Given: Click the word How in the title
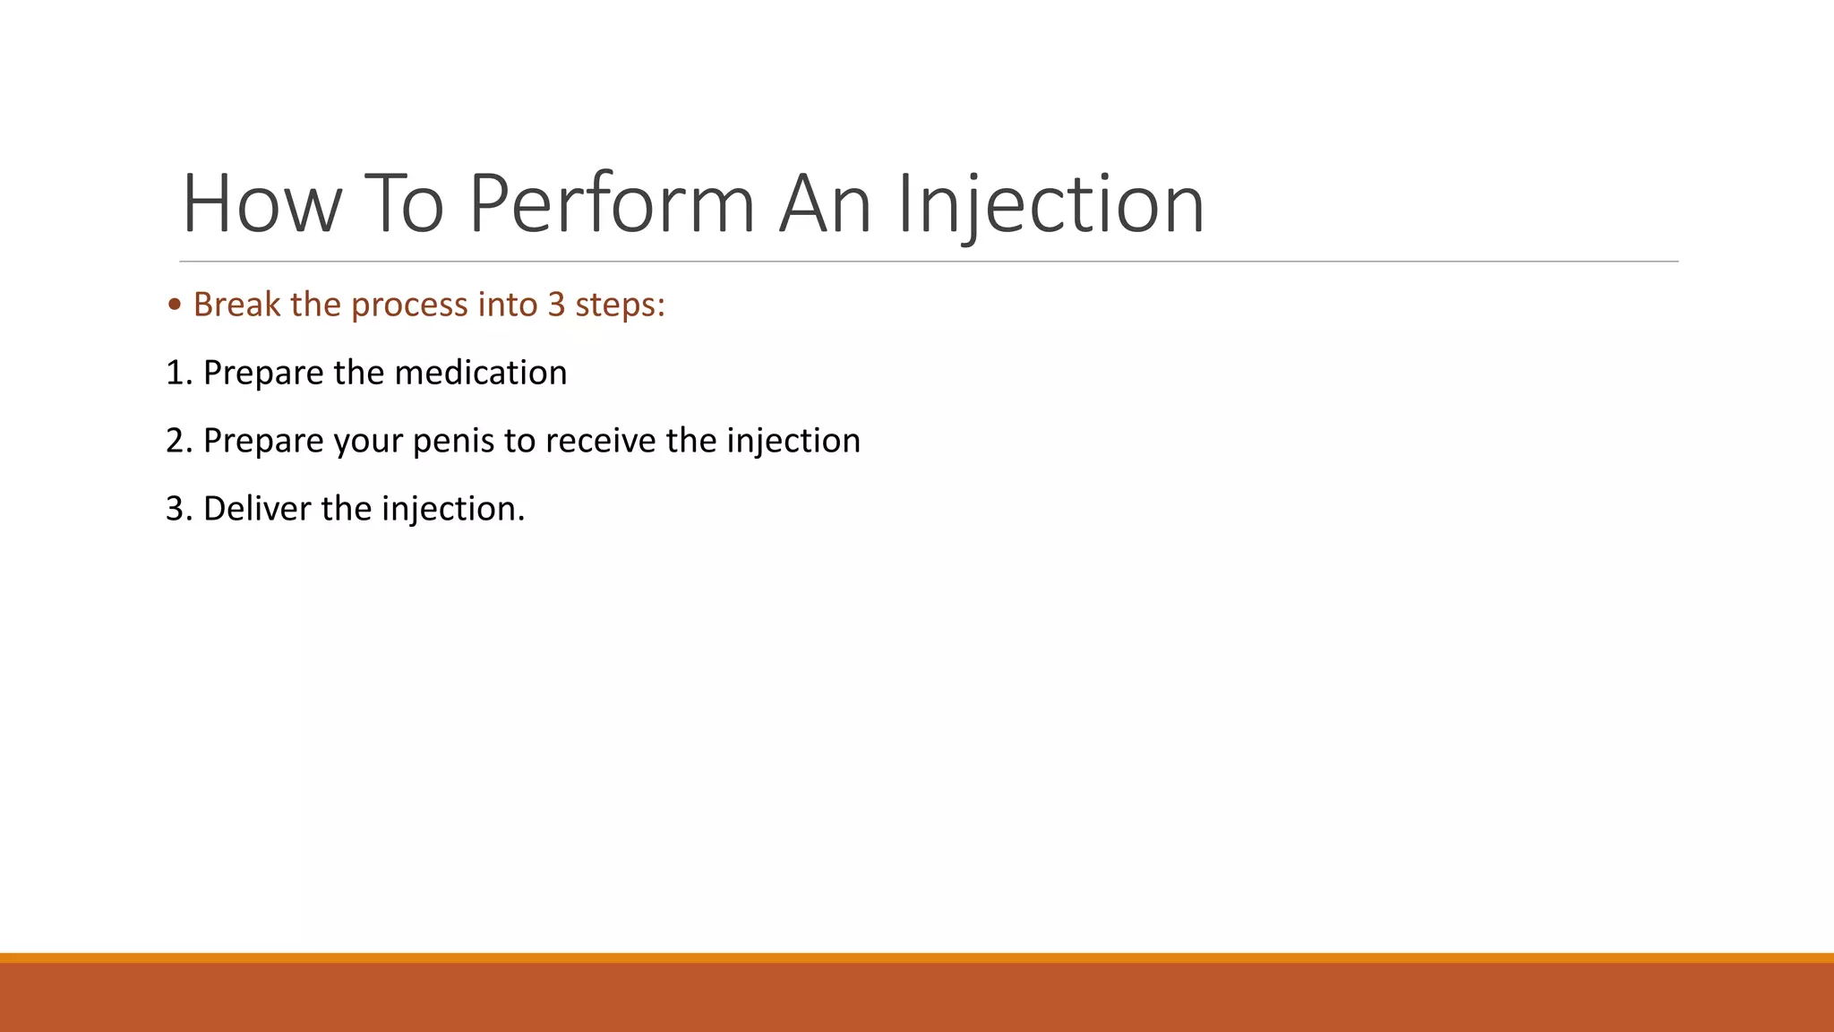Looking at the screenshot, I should point(261,204).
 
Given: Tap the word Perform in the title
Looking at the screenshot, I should point(612,204).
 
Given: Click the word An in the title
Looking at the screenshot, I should point(825,204).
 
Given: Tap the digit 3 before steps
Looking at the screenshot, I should point(556,305).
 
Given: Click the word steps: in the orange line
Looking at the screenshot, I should point(620,305).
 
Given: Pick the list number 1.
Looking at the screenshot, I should point(177,373).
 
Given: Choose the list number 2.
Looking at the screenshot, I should point(177,441).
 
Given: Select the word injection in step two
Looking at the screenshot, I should point(793,441).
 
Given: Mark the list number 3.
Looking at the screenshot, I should point(177,509).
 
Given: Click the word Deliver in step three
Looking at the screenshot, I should point(257,509).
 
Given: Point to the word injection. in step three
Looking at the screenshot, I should point(453,509).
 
